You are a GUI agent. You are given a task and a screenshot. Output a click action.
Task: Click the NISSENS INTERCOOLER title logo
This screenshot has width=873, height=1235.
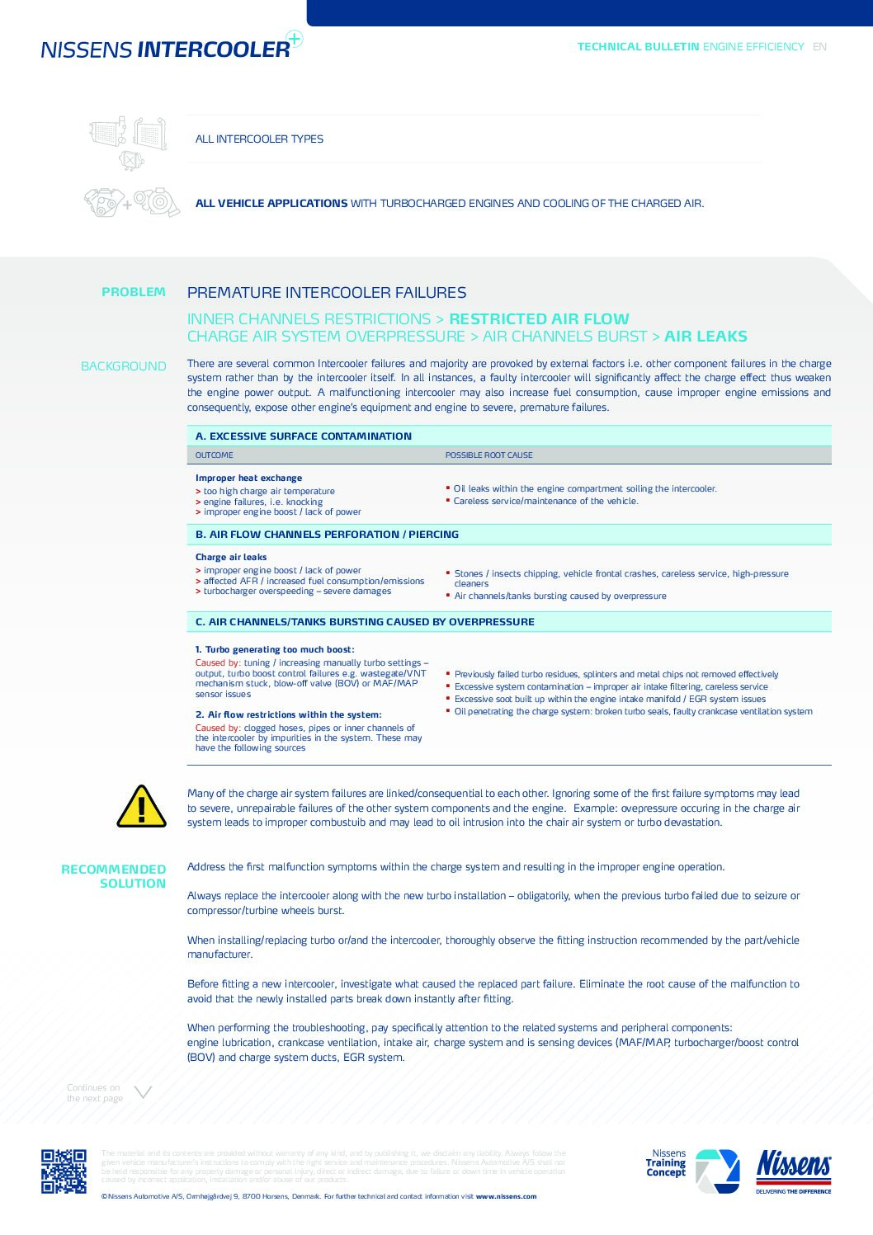(x=166, y=49)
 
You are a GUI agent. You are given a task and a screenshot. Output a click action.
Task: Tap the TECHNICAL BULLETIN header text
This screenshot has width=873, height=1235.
(x=638, y=47)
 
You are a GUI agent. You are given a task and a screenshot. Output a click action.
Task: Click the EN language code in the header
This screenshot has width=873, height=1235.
(x=819, y=47)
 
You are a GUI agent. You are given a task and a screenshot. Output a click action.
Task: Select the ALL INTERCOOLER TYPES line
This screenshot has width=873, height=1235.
(x=259, y=139)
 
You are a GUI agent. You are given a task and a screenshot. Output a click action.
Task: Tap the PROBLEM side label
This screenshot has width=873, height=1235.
(x=134, y=292)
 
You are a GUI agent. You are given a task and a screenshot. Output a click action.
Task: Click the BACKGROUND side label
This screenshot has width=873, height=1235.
(x=124, y=366)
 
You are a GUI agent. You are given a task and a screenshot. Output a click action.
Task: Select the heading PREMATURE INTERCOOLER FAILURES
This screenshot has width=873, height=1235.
(x=327, y=293)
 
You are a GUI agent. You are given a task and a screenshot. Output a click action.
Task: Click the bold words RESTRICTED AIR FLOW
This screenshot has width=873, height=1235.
(x=539, y=319)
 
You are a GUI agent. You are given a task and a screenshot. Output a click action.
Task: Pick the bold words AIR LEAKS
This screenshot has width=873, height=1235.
(x=705, y=337)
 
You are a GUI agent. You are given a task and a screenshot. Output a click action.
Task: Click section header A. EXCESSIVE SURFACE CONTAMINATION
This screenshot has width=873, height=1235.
(x=304, y=436)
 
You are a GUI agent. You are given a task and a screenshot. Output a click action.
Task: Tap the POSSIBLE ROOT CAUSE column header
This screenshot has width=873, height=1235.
(x=489, y=455)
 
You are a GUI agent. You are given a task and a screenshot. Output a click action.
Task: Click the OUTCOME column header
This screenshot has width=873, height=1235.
(x=215, y=455)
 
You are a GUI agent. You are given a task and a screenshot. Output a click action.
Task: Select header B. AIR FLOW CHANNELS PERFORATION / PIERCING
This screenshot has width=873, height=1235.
(x=328, y=535)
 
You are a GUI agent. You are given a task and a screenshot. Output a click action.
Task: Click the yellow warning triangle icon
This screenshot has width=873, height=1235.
(x=142, y=807)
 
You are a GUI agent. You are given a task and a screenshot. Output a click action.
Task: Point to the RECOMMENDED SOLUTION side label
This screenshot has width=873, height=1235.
(x=114, y=876)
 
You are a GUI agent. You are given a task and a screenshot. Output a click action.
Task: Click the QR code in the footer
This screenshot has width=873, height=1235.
(x=64, y=1171)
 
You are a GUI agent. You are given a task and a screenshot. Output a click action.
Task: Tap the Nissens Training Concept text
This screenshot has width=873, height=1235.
(x=666, y=1163)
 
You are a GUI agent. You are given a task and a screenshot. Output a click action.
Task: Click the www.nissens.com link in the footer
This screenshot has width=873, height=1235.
(x=506, y=1196)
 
